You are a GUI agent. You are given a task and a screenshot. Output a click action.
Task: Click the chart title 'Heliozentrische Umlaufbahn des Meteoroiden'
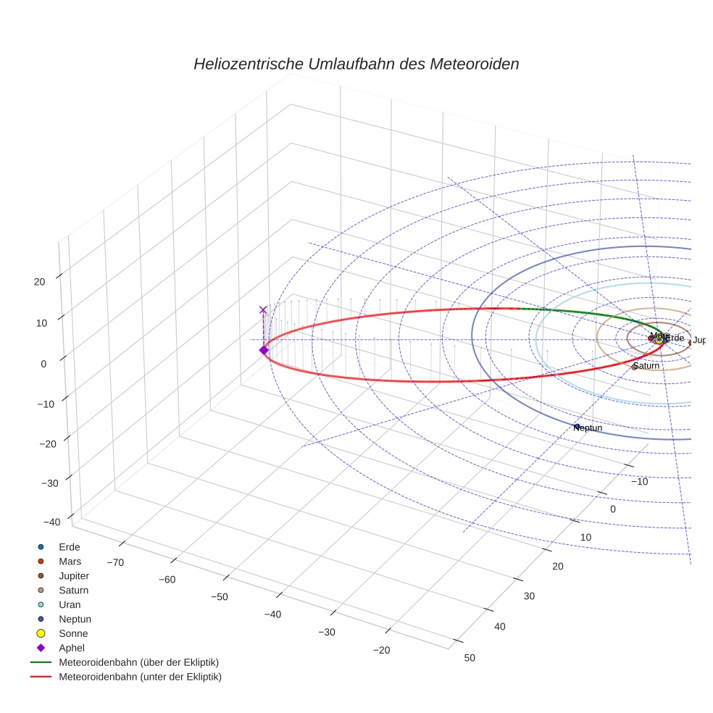click(356, 64)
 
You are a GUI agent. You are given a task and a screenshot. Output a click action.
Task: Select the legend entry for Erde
click(69, 546)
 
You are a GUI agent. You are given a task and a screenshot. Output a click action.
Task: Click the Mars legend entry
click(70, 561)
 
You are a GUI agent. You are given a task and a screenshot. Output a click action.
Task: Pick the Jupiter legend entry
click(73, 575)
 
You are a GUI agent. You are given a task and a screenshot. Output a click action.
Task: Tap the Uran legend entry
click(70, 604)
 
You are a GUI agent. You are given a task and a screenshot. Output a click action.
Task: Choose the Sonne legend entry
click(73, 633)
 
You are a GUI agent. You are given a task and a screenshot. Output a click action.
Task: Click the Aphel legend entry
click(71, 648)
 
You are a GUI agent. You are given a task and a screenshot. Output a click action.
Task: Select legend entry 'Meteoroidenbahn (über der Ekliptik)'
click(138, 662)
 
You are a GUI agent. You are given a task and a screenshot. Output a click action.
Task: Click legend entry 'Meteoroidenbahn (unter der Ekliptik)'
click(140, 677)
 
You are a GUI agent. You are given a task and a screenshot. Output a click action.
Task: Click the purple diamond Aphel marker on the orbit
click(263, 350)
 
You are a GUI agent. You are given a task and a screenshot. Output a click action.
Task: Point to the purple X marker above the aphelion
click(263, 309)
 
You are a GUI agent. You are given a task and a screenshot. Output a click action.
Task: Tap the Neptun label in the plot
click(588, 428)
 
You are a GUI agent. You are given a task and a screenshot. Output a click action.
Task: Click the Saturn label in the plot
click(646, 366)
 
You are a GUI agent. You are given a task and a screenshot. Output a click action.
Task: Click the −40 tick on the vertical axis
click(51, 522)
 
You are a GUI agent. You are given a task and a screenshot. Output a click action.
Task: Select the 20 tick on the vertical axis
click(40, 281)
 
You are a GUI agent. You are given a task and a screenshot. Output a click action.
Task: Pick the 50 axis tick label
click(470, 657)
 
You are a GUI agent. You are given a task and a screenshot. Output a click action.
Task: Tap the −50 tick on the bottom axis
click(219, 596)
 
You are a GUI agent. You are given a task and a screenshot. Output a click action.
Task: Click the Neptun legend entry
click(75, 619)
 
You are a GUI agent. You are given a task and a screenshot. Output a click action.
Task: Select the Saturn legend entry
click(73, 590)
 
